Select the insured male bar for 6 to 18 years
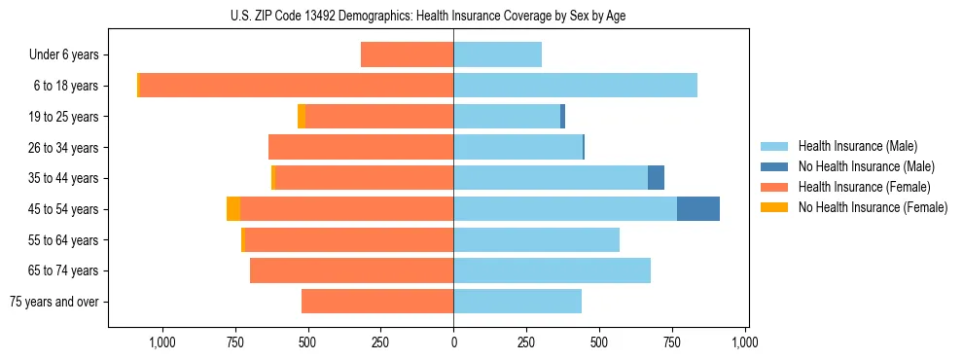[x=575, y=86]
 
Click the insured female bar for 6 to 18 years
[x=296, y=86]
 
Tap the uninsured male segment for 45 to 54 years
[x=698, y=209]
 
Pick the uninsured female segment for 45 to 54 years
[x=233, y=209]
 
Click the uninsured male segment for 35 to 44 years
[x=656, y=178]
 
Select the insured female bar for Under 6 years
[x=407, y=54]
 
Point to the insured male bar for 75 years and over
[x=517, y=302]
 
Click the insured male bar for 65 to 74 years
[x=552, y=270]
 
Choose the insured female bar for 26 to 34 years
[x=361, y=147]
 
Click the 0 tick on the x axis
[x=453, y=342]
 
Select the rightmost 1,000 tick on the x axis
[x=745, y=342]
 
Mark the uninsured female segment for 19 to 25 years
[x=496, y=117]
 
